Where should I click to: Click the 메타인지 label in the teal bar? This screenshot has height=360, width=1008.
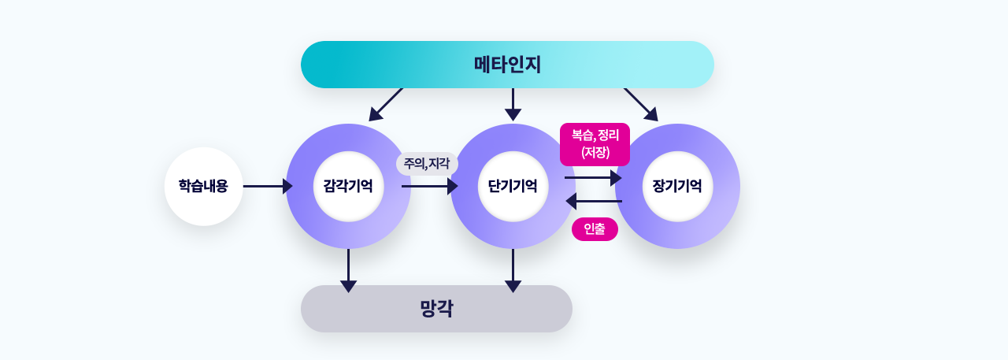[507, 65]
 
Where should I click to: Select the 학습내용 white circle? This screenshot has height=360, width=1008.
[204, 186]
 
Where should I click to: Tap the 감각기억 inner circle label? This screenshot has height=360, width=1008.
[348, 186]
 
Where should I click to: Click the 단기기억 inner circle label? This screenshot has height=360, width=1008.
[513, 186]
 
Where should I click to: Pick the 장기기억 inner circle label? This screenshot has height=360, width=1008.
[677, 186]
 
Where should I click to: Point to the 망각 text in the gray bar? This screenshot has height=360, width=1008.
[436, 309]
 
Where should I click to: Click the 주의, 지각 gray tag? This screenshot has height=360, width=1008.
[427, 164]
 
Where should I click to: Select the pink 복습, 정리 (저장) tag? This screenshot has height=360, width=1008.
[595, 144]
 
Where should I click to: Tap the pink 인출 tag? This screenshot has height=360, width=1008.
[595, 229]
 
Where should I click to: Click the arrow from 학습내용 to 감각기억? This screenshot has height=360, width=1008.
[268, 186]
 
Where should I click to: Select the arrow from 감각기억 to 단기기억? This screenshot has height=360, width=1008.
[430, 186]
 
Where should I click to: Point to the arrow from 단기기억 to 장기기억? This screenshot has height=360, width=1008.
[593, 178]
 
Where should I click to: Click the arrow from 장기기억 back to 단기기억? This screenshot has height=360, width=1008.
[594, 201]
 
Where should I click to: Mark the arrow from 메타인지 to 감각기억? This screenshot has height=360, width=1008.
[386, 105]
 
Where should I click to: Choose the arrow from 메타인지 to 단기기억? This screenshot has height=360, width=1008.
[513, 105]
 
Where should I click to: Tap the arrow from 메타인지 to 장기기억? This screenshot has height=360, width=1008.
[641, 105]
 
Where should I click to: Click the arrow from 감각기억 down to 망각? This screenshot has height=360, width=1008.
[348, 270]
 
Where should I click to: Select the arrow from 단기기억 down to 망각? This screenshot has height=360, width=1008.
[513, 270]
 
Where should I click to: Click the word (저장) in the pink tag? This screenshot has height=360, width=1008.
[595, 152]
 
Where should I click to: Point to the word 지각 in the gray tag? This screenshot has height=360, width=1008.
[439, 163]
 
